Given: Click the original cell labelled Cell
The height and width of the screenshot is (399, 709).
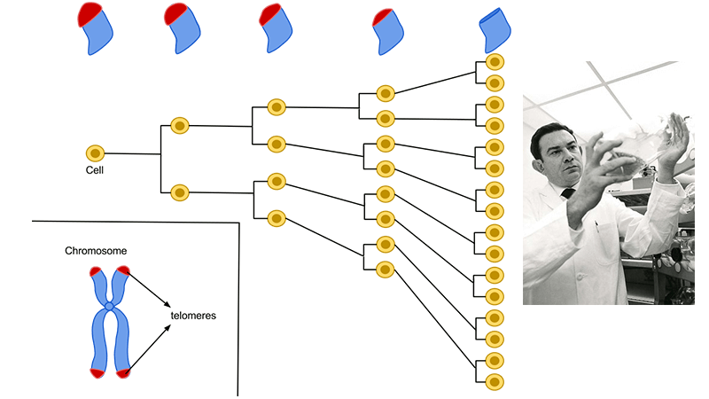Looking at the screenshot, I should pyautogui.click(x=95, y=153).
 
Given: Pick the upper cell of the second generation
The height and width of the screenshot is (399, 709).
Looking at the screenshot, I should pyautogui.click(x=180, y=126).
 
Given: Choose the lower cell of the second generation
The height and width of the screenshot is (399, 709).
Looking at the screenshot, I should pyautogui.click(x=180, y=191).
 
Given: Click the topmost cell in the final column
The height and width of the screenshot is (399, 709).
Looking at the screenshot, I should pyautogui.click(x=495, y=63).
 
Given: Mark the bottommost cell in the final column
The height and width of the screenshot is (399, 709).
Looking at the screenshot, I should pyautogui.click(x=495, y=381).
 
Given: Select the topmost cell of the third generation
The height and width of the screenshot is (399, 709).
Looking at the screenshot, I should pyautogui.click(x=276, y=106).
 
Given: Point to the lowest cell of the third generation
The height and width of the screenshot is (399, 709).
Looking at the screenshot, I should pyautogui.click(x=276, y=216).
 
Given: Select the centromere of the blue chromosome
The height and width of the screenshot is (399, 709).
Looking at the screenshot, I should pyautogui.click(x=109, y=306).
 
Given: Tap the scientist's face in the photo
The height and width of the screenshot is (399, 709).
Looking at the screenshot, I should pyautogui.click(x=553, y=154).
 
